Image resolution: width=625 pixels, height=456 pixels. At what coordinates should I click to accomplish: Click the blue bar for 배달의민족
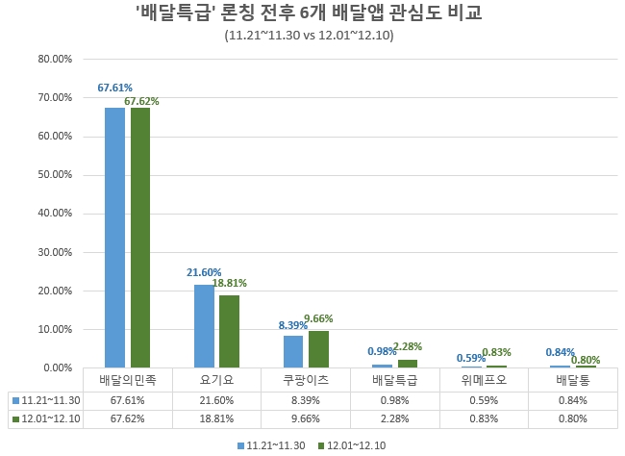click(114, 238)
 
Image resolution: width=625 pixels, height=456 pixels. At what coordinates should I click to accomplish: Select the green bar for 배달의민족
click(140, 238)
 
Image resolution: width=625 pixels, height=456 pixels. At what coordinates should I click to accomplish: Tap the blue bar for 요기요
click(204, 326)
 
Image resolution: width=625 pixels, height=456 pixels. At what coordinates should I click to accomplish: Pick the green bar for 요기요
click(229, 331)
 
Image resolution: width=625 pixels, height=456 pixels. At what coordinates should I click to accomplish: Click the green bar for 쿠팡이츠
click(318, 349)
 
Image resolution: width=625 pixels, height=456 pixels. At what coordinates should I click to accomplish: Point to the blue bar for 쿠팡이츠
click(293, 351)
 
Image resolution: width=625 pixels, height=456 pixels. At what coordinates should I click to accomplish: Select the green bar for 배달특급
click(408, 364)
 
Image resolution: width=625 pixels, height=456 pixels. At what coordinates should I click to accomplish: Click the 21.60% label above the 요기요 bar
click(204, 273)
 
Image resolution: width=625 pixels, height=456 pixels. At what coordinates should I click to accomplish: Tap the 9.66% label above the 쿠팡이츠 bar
click(318, 318)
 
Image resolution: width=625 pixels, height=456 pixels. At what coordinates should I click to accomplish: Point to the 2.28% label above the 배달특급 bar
click(407, 346)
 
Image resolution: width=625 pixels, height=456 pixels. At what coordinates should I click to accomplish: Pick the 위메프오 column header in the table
click(484, 380)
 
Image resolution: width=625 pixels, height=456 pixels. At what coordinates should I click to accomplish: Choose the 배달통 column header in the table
click(573, 380)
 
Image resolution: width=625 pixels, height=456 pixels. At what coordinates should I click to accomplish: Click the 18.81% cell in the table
click(216, 419)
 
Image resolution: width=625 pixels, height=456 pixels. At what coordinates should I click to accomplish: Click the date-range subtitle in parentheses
click(308, 36)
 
